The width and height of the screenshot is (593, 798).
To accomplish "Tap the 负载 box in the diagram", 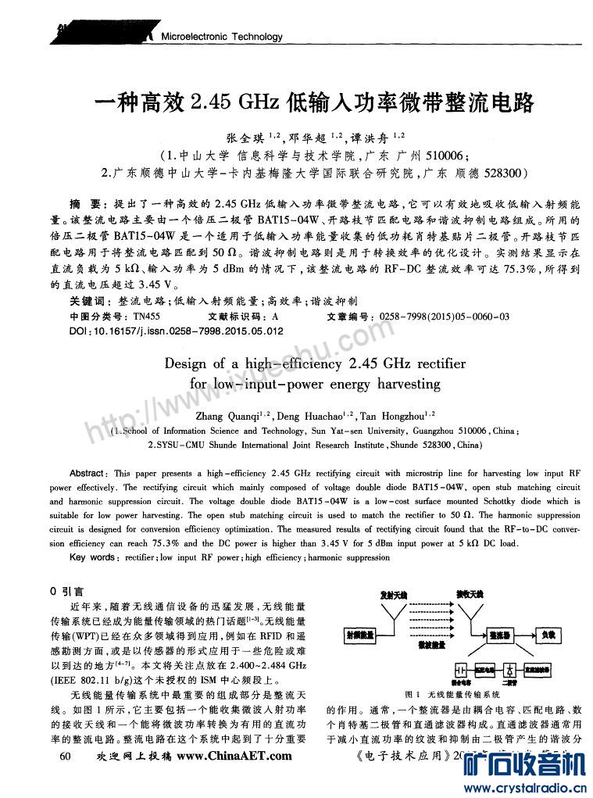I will tap(548, 635).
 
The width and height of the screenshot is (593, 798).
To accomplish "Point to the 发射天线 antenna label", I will tap(392, 596).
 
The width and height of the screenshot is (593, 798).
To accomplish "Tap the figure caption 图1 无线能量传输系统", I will tap(452, 694).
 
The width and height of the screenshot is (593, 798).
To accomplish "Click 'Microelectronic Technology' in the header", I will tap(221, 37).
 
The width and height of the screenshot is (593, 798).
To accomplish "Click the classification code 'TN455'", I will tap(146, 317).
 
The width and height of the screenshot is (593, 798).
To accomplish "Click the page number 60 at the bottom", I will tap(65, 756).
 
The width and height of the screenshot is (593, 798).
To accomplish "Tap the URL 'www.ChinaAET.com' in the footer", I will tap(234, 756).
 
